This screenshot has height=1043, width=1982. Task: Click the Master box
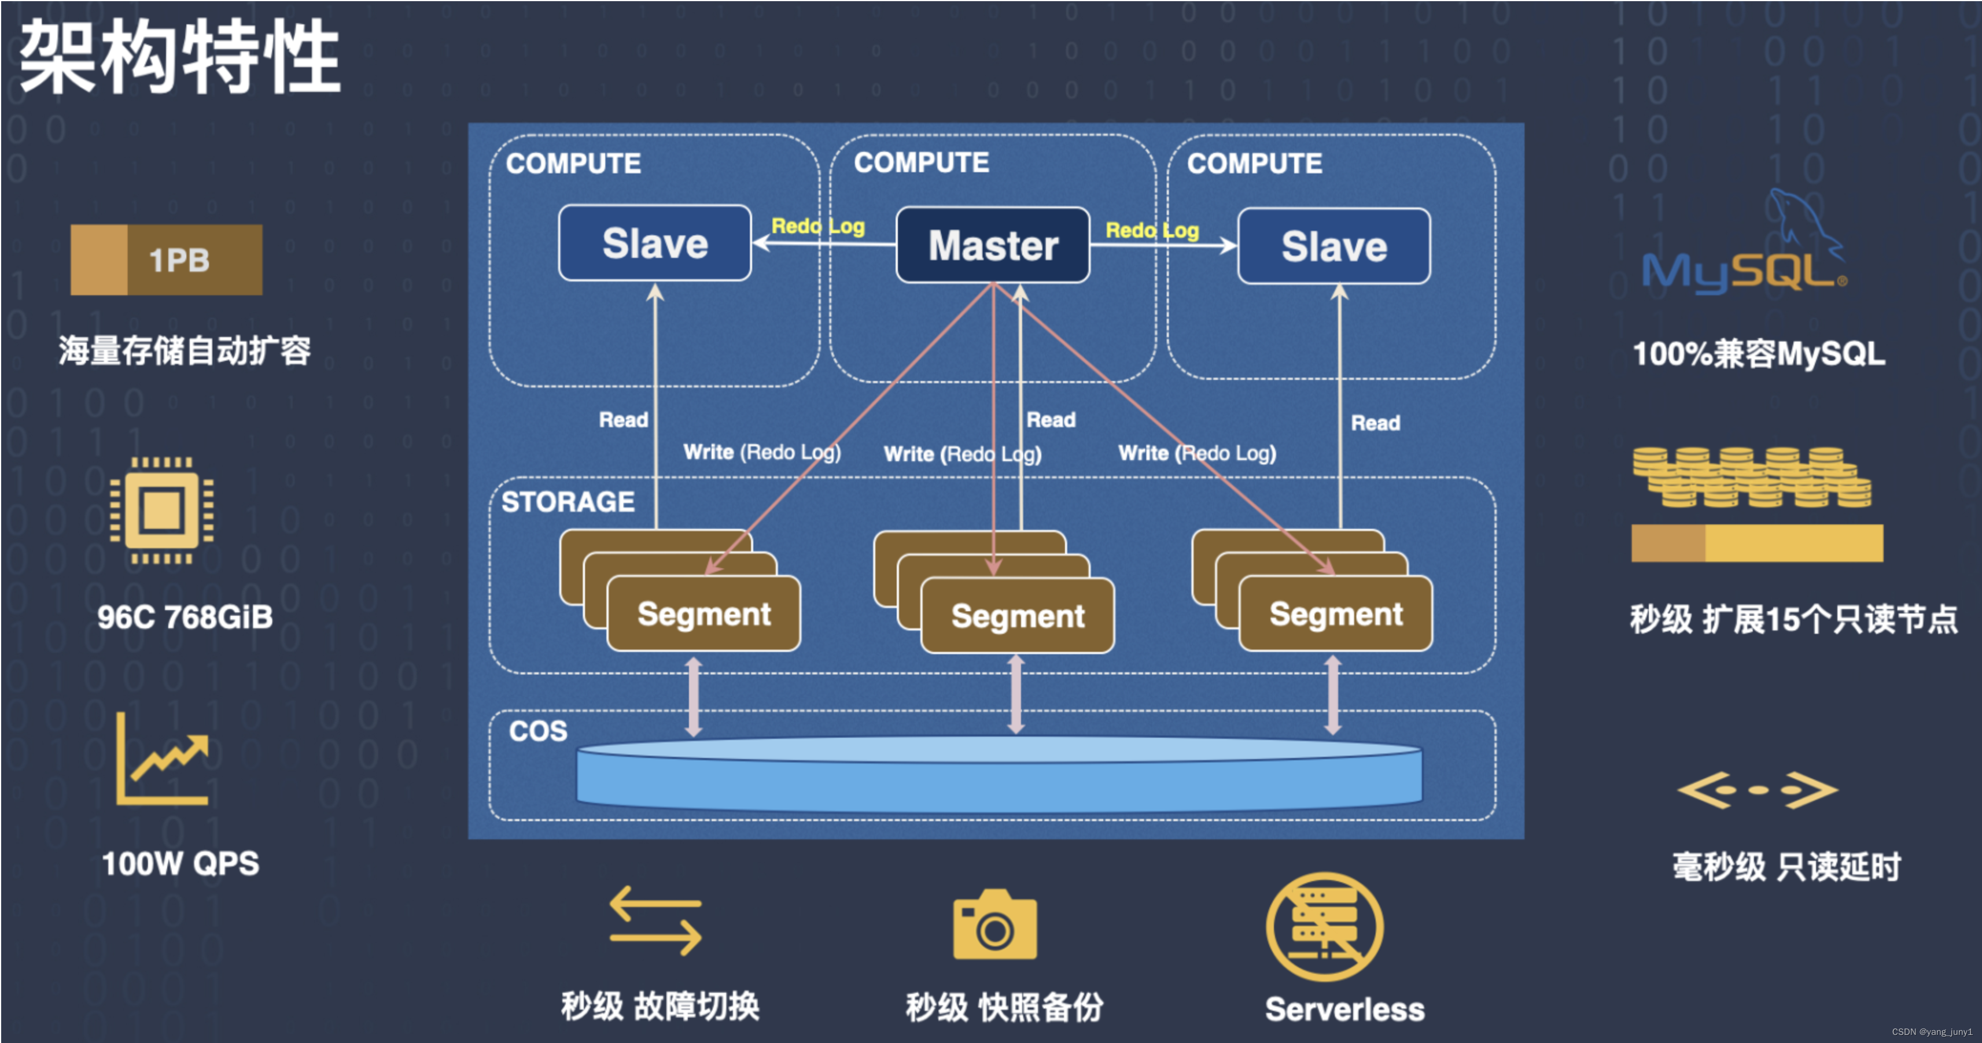point(993,245)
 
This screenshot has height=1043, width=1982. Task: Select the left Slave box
point(655,243)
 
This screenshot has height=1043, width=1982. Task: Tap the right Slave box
point(1333,246)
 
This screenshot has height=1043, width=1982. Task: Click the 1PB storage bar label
point(179,260)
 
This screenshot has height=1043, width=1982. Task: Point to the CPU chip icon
point(161,510)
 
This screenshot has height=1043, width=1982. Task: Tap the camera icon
point(995,925)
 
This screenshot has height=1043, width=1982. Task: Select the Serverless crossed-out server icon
point(1324,926)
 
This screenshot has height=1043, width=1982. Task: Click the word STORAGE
point(568,501)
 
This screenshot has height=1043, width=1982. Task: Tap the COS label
point(538,731)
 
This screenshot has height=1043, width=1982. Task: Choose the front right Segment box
point(1336,614)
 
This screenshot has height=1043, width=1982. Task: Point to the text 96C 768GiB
point(185,617)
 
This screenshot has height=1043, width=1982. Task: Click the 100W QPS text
point(180,863)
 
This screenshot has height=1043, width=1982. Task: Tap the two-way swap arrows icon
point(655,920)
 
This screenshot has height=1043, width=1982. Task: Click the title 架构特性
point(179,57)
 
